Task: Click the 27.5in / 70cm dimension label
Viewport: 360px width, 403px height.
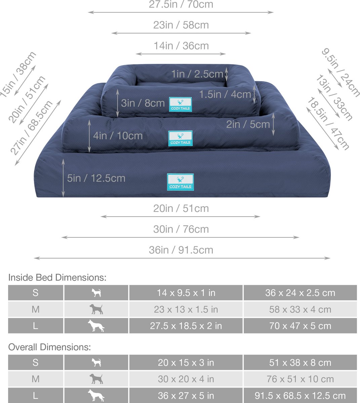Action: pos(181,4)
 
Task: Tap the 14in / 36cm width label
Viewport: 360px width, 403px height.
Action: pos(181,46)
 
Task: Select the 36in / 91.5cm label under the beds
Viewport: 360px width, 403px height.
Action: pos(181,250)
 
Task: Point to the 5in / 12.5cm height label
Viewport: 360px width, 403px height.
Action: pos(96,178)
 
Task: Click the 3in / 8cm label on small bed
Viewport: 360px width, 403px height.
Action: pos(143,103)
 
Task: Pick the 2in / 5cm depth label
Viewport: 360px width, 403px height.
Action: pos(248,125)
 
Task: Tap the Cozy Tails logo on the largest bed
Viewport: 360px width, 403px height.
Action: pos(181,182)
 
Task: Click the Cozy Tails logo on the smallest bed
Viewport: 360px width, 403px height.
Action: pos(181,104)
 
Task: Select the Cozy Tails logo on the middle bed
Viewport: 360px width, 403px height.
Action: pos(181,138)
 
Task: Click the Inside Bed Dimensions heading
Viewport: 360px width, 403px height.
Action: pos(57,278)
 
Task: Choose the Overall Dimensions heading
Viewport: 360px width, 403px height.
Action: pos(49,347)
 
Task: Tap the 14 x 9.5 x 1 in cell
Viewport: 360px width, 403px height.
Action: pos(186,293)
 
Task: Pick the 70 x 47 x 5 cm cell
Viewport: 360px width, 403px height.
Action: pos(300,326)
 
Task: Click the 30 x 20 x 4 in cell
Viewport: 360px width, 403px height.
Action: pos(186,379)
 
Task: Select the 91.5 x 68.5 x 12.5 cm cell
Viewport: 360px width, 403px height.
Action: pos(300,396)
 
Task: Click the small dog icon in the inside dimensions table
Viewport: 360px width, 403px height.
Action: pos(96,293)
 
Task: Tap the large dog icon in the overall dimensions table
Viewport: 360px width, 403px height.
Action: pos(96,395)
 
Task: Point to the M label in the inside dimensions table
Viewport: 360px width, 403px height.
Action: pos(36,309)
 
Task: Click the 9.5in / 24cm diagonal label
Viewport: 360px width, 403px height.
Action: pos(341,72)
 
